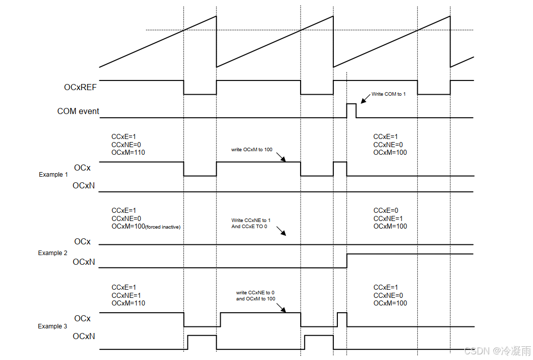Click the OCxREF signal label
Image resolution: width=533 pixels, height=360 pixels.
click(81, 87)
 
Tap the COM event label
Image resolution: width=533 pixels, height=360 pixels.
click(78, 111)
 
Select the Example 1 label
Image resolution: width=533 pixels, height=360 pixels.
click(54, 175)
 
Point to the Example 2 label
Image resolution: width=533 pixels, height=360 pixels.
click(53, 253)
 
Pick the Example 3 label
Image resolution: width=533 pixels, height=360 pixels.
click(53, 326)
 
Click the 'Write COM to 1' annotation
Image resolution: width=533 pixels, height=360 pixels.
click(388, 94)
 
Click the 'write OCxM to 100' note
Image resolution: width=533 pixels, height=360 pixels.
click(253, 150)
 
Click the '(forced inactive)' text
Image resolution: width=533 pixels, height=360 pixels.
click(163, 227)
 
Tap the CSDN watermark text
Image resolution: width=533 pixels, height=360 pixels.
click(497, 351)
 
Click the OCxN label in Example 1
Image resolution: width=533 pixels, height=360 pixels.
click(84, 186)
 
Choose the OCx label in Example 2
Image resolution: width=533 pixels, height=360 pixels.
click(83, 241)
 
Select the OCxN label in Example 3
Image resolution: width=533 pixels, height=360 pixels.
click(84, 337)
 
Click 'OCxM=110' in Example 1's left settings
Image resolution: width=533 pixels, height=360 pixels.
click(128, 153)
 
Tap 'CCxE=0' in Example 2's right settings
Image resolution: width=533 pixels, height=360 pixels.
click(386, 210)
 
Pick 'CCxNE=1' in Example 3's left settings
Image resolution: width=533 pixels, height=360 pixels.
click(127, 295)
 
